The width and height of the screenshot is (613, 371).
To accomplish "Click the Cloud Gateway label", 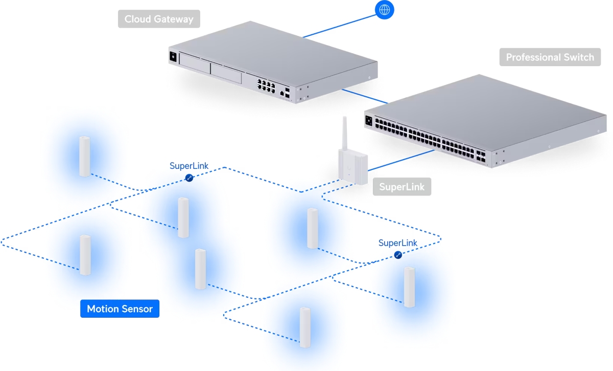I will point(159,19).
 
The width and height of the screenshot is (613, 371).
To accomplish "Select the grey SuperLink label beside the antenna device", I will point(402,187).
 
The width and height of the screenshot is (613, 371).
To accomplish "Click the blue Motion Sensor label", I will point(120,309).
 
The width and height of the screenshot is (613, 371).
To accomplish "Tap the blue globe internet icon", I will point(385,9).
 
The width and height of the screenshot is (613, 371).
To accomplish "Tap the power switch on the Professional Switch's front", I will point(369,121).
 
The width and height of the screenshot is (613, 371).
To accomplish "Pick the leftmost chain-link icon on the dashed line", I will point(189,178).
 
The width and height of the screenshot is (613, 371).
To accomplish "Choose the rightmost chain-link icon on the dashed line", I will point(398,255).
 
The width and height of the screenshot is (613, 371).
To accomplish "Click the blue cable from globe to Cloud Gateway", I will point(340,26).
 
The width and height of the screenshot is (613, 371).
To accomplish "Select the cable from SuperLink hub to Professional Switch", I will point(401,160).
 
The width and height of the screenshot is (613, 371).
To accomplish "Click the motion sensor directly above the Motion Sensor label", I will point(85,255).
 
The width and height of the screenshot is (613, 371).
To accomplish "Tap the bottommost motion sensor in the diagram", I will point(305,328).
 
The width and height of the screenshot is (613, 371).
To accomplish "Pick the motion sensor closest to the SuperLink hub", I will point(312,228).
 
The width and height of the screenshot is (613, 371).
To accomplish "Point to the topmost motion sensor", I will point(84,157).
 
